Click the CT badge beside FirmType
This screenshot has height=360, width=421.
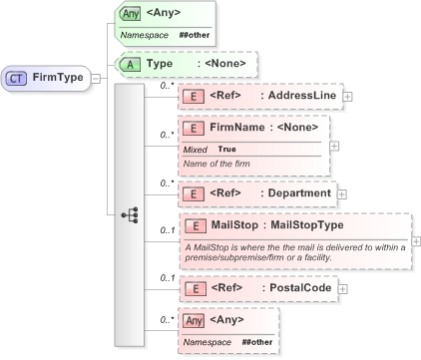pyautogui.click(x=17, y=77)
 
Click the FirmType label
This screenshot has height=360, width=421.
pyautogui.click(x=58, y=77)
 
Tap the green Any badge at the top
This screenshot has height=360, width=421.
pyautogui.click(x=130, y=14)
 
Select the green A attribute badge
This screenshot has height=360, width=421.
pyautogui.click(x=130, y=65)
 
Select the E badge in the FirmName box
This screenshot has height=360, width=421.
pyautogui.click(x=192, y=128)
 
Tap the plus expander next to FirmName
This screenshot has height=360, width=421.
pyautogui.click(x=333, y=146)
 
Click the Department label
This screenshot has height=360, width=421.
pyautogui.click(x=297, y=193)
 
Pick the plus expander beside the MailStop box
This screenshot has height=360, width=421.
pyautogui.click(x=415, y=240)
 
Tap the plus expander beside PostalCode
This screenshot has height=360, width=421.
pyautogui.click(x=342, y=288)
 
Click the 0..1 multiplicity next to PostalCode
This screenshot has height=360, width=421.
pyautogui.click(x=167, y=278)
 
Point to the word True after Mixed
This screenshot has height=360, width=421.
pyautogui.click(x=228, y=149)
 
